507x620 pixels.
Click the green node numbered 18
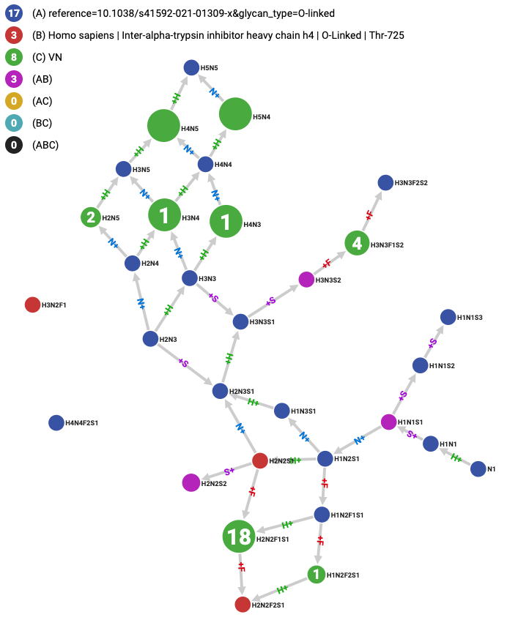pyautogui.click(x=240, y=537)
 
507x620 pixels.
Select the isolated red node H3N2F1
pyautogui.click(x=32, y=305)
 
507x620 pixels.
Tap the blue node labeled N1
pyautogui.click(x=478, y=469)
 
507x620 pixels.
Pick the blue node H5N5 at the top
pyautogui.click(x=191, y=68)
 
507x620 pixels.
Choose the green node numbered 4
pyautogui.click(x=358, y=243)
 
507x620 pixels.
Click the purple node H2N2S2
pyautogui.click(x=190, y=482)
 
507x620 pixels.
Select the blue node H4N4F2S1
pyautogui.click(x=56, y=422)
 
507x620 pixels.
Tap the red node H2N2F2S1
pyautogui.click(x=243, y=605)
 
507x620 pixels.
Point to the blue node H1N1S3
pyautogui.click(x=448, y=317)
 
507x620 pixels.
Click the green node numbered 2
pyautogui.click(x=91, y=217)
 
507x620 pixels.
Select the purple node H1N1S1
pyautogui.click(x=389, y=422)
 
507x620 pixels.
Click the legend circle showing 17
pyautogui.click(x=14, y=13)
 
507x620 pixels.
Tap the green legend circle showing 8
pyautogui.click(x=14, y=57)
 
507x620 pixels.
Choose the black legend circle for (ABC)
pyautogui.click(x=14, y=145)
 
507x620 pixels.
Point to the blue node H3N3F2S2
pyautogui.click(x=385, y=182)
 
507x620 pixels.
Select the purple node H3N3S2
pyautogui.click(x=307, y=280)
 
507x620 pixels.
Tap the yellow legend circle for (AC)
pyautogui.click(x=14, y=101)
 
